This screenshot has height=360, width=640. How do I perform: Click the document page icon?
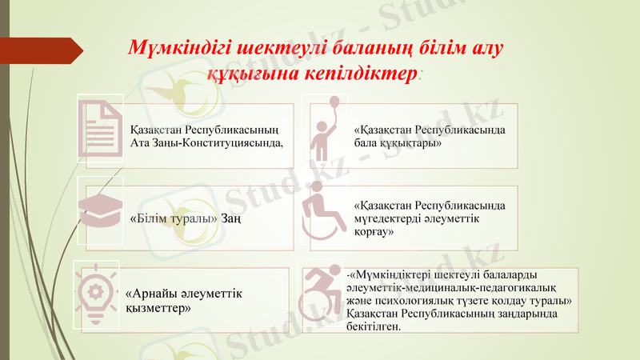click(x=101, y=128)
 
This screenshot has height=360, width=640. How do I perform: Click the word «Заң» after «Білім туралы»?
click(x=233, y=218)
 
